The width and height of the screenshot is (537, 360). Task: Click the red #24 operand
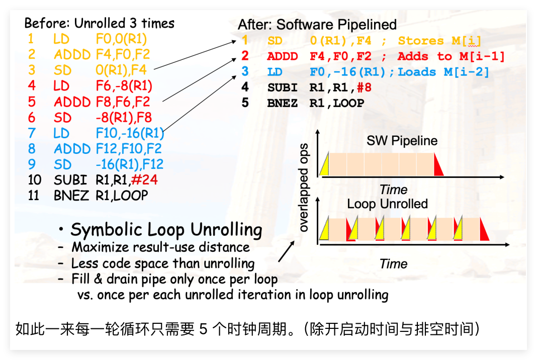(144, 180)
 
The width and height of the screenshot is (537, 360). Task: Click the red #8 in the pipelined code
(364, 87)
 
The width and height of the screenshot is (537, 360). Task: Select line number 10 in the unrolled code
(35, 180)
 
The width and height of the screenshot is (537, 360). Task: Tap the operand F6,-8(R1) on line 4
(124, 86)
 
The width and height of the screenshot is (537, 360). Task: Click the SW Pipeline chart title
(402, 141)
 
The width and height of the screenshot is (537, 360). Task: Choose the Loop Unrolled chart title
(387, 204)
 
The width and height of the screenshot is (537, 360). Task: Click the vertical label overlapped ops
(303, 188)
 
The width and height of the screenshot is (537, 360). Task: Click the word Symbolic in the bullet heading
(107, 230)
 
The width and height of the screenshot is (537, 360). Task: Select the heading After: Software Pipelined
(317, 25)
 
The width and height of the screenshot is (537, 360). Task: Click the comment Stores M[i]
(439, 41)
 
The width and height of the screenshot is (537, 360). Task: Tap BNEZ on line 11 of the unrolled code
(71, 196)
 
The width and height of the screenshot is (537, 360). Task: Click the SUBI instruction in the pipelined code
(283, 87)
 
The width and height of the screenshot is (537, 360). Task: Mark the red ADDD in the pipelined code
(283, 56)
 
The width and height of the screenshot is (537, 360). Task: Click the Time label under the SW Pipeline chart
(394, 190)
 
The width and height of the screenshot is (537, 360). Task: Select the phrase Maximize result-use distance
(160, 247)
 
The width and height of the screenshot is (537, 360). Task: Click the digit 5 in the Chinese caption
(204, 329)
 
